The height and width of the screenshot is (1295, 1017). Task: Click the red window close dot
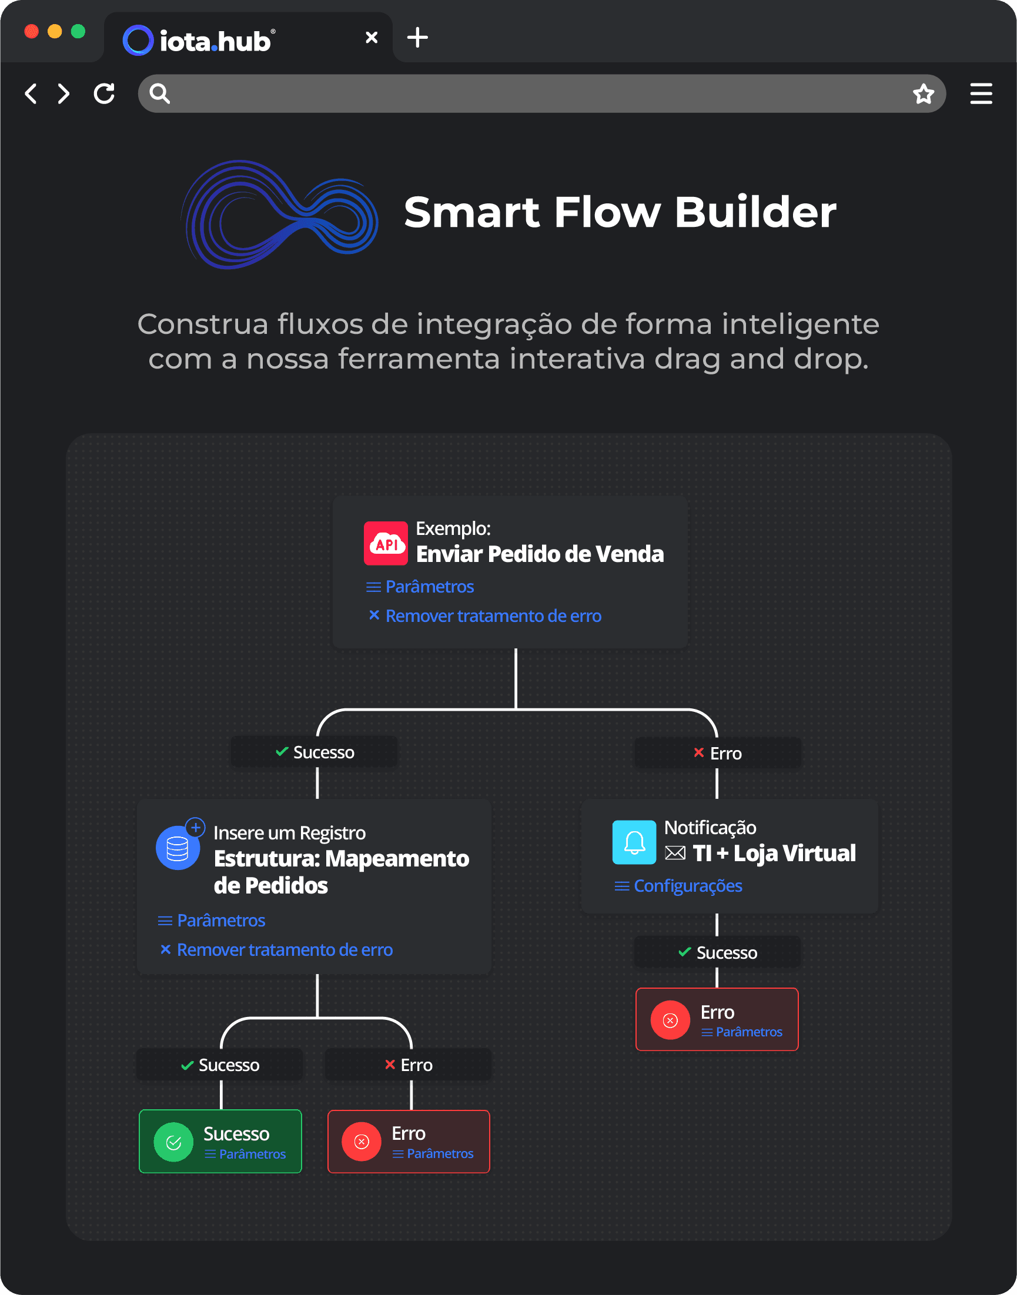click(x=32, y=32)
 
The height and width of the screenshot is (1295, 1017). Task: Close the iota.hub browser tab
click(x=372, y=38)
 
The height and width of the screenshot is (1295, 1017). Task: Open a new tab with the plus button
click(x=417, y=38)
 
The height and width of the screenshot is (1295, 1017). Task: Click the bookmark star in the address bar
click(x=924, y=94)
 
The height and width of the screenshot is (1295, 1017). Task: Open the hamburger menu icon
click(x=981, y=94)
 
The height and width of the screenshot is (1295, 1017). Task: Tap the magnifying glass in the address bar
click(x=159, y=94)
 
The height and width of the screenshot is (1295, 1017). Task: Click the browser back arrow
click(x=31, y=94)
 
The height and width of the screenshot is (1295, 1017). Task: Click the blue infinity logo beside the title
click(x=279, y=215)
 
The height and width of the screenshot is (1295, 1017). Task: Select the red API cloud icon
click(x=386, y=543)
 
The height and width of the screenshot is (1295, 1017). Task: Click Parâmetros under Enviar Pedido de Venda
click(x=429, y=587)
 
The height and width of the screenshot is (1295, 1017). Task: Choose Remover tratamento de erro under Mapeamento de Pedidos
click(x=285, y=950)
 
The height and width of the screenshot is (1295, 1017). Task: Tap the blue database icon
click(x=178, y=848)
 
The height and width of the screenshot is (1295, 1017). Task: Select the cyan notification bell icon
click(x=634, y=842)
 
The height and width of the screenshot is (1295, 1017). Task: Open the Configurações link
click(x=688, y=886)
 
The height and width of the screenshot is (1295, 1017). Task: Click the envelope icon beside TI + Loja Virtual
click(x=675, y=853)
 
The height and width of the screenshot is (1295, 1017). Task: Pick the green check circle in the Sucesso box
click(x=173, y=1142)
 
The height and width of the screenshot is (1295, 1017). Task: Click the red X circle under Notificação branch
click(x=670, y=1020)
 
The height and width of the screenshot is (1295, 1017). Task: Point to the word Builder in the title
click(x=755, y=212)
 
